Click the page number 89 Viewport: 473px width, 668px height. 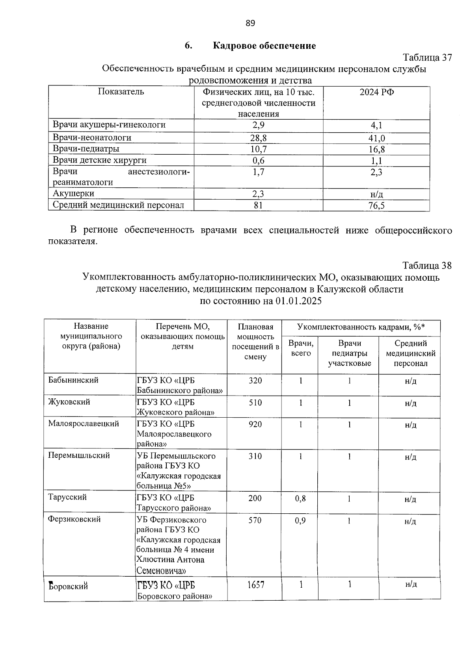click(250, 23)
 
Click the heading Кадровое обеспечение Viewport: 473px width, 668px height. click(264, 46)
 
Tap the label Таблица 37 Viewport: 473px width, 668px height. click(427, 57)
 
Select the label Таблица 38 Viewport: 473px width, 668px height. click(427, 265)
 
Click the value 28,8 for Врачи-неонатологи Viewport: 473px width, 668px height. click(259, 138)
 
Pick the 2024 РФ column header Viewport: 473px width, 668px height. click(376, 92)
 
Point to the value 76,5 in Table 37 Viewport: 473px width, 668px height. click(376, 205)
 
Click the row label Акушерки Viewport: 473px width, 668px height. click(74, 193)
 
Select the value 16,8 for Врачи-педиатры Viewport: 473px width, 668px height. click(376, 149)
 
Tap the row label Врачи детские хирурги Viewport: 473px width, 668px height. click(100, 160)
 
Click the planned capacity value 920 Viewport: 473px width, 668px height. click(255, 424)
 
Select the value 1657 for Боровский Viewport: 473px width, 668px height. click(255, 585)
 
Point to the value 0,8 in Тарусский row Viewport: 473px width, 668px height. click(300, 498)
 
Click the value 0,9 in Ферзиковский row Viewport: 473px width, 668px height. click(300, 520)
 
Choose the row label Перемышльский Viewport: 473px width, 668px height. click(79, 455)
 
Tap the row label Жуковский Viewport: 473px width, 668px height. click(69, 402)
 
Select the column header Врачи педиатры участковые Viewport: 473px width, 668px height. click(349, 353)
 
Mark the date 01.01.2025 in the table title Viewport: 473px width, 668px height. click(298, 301)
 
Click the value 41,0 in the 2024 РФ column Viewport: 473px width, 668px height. click(376, 138)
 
